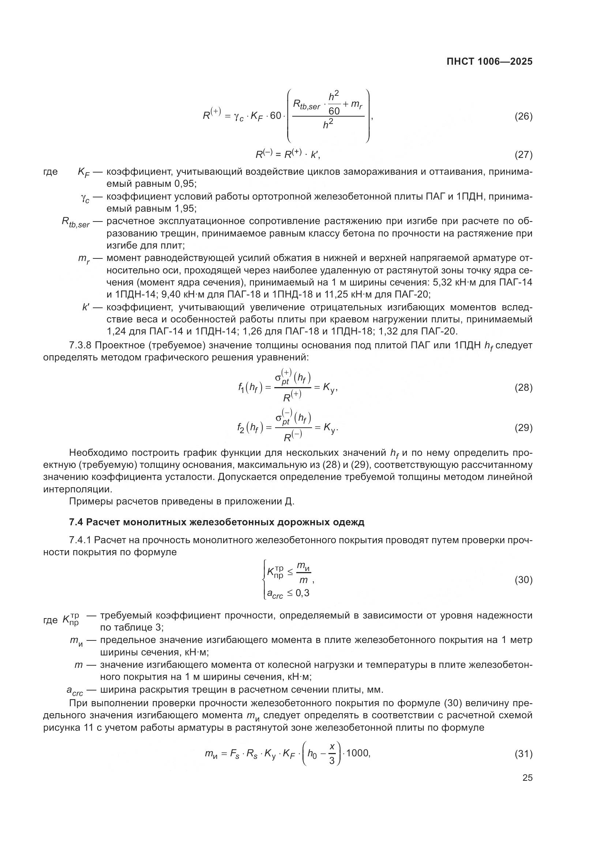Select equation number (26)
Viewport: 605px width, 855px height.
click(523, 117)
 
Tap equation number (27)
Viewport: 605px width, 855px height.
click(523, 155)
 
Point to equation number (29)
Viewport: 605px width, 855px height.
click(523, 428)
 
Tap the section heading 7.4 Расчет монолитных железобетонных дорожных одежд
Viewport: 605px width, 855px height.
click(217, 522)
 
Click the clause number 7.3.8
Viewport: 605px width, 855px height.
click(80, 345)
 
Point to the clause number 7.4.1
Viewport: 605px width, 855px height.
click(80, 540)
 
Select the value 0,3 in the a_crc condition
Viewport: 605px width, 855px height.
click(302, 593)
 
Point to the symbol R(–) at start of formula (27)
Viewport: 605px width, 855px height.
click(264, 154)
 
